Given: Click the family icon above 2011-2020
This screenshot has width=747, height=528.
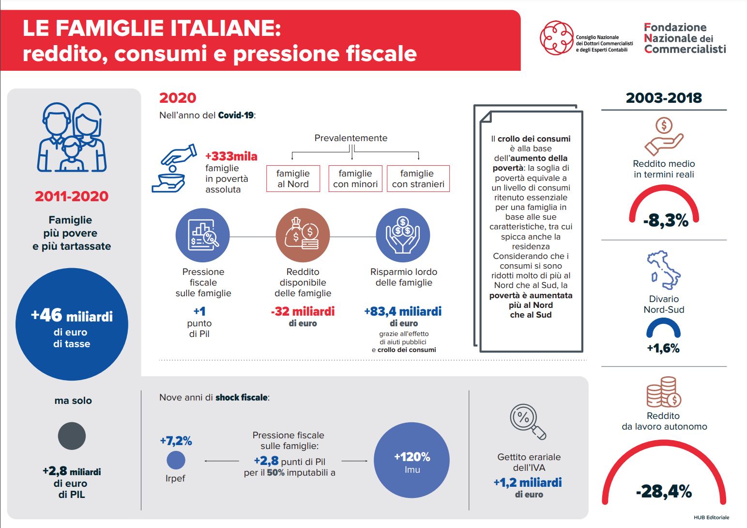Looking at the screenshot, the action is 72,137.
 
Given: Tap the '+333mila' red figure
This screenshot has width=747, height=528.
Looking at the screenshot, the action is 231,156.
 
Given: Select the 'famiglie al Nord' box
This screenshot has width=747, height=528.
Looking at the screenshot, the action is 293,179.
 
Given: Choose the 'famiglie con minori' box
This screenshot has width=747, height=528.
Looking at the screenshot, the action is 355,179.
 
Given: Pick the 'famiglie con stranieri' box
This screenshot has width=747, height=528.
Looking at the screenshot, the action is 418,179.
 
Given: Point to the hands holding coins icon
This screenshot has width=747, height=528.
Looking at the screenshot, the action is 403,235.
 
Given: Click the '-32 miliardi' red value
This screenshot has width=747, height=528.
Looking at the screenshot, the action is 303,311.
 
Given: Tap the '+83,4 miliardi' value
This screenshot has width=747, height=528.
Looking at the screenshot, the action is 403,311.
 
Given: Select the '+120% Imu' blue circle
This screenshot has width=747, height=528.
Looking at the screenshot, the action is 412,460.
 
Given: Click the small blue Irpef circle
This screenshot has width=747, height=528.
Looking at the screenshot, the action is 176,460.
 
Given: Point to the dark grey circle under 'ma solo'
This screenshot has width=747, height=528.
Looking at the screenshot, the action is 72,436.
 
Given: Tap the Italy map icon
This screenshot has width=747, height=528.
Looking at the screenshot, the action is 663,270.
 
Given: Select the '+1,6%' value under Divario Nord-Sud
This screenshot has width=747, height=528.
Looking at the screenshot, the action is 663,348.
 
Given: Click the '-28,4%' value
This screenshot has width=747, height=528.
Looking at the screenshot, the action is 664,491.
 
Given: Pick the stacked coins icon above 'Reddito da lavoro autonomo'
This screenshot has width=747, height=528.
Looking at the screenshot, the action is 664,392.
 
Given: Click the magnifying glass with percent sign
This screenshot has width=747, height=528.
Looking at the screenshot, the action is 528,421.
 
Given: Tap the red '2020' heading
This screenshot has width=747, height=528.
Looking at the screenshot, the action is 178,98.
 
